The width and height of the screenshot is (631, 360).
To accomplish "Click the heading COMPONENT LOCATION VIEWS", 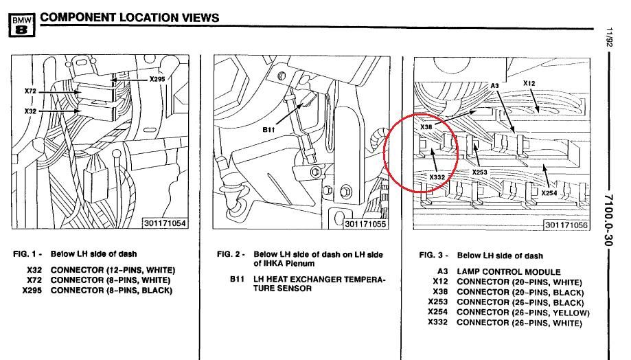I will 130,17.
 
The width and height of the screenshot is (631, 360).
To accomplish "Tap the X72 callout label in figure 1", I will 31,91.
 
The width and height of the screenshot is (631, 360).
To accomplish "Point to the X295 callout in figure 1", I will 157,80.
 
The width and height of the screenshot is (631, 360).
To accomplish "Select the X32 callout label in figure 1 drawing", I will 31,110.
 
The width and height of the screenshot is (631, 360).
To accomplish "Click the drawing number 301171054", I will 164,223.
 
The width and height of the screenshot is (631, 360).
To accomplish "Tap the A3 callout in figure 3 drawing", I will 494,85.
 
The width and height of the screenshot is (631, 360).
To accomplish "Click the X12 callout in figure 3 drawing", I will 529,83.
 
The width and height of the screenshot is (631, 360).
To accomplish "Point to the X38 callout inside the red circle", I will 427,127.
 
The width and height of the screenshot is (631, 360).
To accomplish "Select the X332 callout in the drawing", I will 438,177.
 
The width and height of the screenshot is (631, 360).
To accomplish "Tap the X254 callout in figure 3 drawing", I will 549,193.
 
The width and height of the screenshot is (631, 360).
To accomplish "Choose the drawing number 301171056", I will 566,225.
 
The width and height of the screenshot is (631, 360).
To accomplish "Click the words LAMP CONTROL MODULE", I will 509,272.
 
